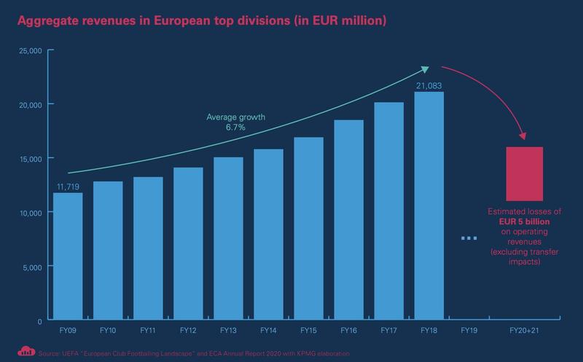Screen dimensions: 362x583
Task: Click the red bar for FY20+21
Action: point(525,173)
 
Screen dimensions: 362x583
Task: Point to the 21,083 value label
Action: point(430,85)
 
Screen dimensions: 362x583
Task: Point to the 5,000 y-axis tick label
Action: point(33,266)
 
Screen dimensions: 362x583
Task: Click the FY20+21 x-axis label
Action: point(525,331)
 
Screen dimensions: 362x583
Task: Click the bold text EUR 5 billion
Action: point(524,221)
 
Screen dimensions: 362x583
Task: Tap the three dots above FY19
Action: point(469,238)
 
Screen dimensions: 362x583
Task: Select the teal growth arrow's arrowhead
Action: point(426,69)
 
